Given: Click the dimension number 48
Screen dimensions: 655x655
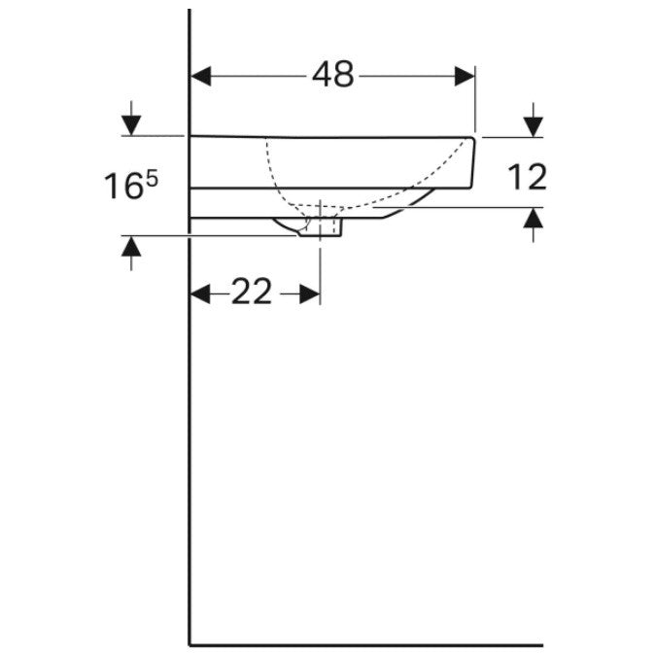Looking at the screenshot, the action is pos(333,75).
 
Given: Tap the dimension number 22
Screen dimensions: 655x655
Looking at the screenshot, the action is pos(252,292).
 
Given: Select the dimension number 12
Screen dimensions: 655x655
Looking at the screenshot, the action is pos(527,177).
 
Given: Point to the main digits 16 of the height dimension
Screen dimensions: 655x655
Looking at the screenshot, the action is pos(123,186).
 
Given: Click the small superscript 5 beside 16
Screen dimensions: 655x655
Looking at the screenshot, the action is pos(152,180).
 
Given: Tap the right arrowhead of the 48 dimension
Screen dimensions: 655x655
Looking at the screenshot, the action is pos(465,77).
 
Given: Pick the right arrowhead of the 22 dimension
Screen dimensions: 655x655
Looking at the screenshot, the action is pos(310,294).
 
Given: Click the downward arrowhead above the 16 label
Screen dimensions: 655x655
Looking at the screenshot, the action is pos(131,125).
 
